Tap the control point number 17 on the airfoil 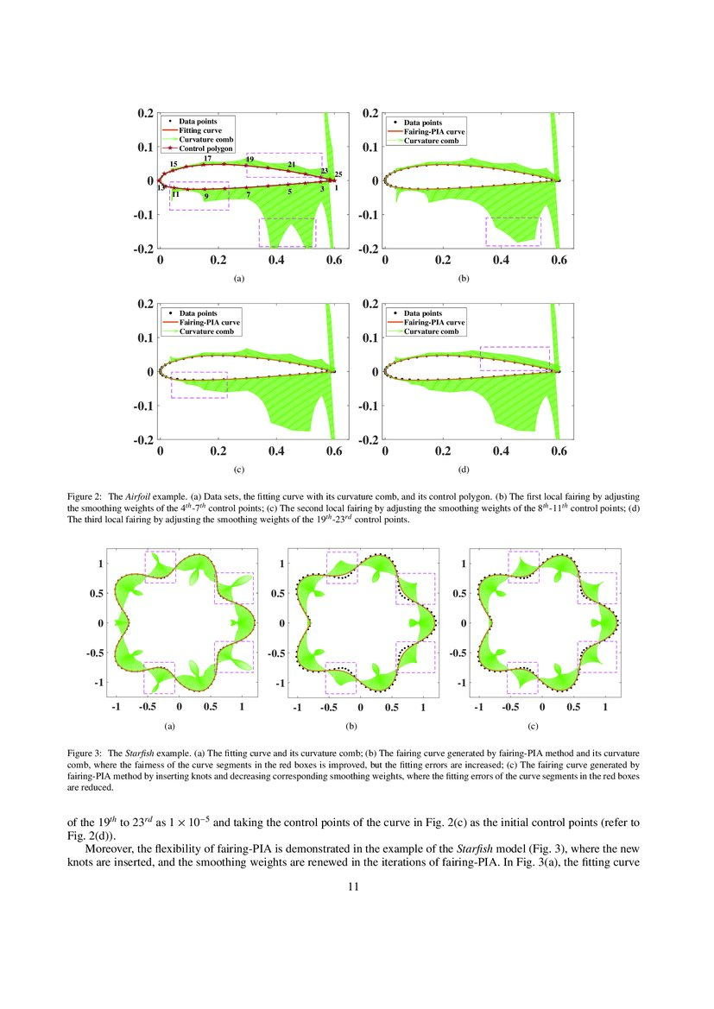(207, 159)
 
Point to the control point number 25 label (338, 174)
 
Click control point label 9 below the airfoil (206, 197)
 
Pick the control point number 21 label (292, 164)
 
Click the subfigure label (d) (464, 470)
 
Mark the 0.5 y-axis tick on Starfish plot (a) (100, 593)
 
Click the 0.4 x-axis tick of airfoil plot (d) (501, 451)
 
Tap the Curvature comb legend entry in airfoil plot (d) (433, 331)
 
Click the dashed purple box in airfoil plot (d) (515, 358)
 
